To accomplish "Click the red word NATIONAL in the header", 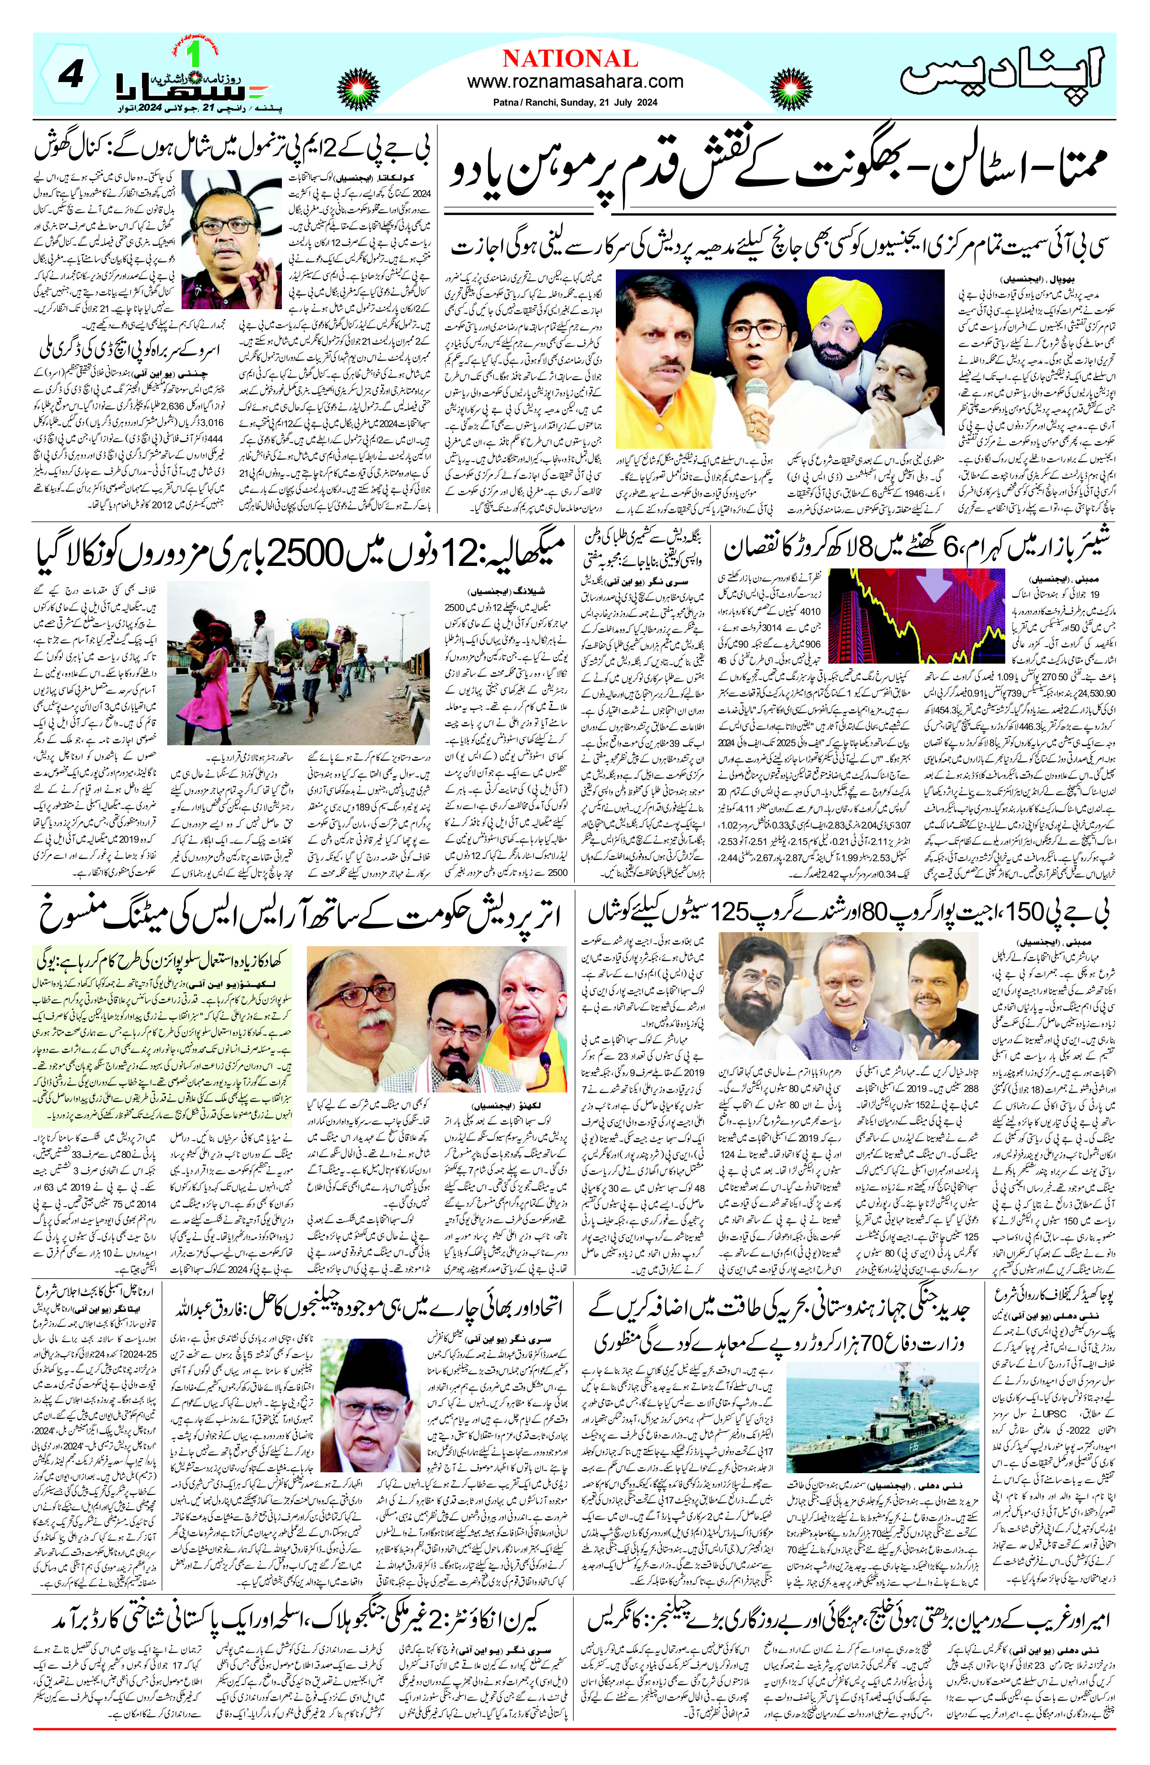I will tap(570, 58).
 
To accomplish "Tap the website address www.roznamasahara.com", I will tap(575, 82).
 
